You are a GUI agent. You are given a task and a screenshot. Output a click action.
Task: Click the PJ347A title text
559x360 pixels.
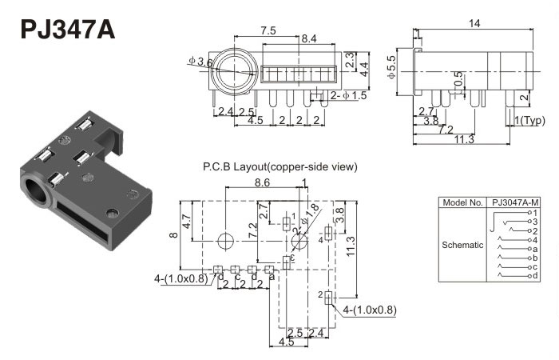(67, 29)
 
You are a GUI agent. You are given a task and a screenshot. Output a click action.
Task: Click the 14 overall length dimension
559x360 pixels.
(474, 24)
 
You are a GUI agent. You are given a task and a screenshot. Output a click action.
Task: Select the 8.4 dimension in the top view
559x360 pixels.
(309, 38)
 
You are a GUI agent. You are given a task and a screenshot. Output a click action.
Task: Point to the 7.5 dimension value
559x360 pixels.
(268, 30)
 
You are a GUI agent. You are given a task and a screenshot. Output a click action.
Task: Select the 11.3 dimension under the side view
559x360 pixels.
(462, 140)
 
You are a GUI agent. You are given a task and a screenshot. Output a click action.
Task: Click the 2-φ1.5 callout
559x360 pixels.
(348, 96)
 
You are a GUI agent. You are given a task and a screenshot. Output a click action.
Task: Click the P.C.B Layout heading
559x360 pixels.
(279, 166)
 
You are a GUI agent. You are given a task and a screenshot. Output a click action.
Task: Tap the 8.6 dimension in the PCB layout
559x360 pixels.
(262, 183)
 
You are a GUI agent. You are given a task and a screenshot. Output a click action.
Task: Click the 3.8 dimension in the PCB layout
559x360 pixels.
(339, 214)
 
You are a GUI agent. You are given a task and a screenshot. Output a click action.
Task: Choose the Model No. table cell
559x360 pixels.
(462, 203)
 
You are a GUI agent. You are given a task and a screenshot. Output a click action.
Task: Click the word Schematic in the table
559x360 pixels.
(462, 245)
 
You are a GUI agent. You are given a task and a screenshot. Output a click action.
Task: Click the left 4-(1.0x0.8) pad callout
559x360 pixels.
(180, 279)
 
